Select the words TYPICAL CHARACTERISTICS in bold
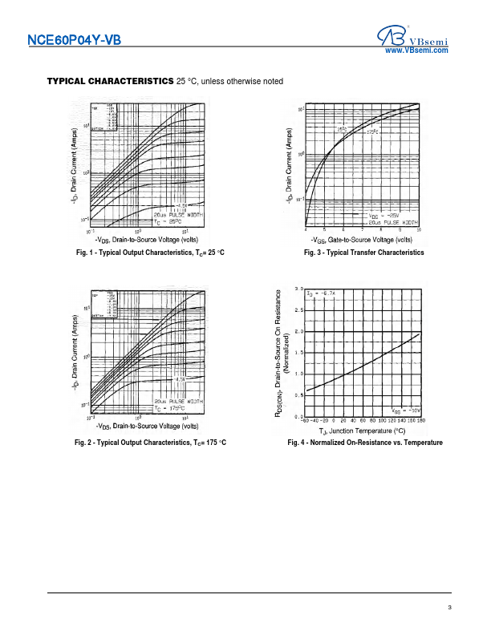click(110, 81)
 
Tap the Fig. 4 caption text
click(365, 443)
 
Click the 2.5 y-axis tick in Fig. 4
click(298, 309)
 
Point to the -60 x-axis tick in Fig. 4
click(305, 420)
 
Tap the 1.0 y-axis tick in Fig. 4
click(298, 374)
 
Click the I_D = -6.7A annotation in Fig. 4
click(323, 294)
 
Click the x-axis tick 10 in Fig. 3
click(418, 230)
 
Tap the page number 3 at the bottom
click(450, 608)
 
